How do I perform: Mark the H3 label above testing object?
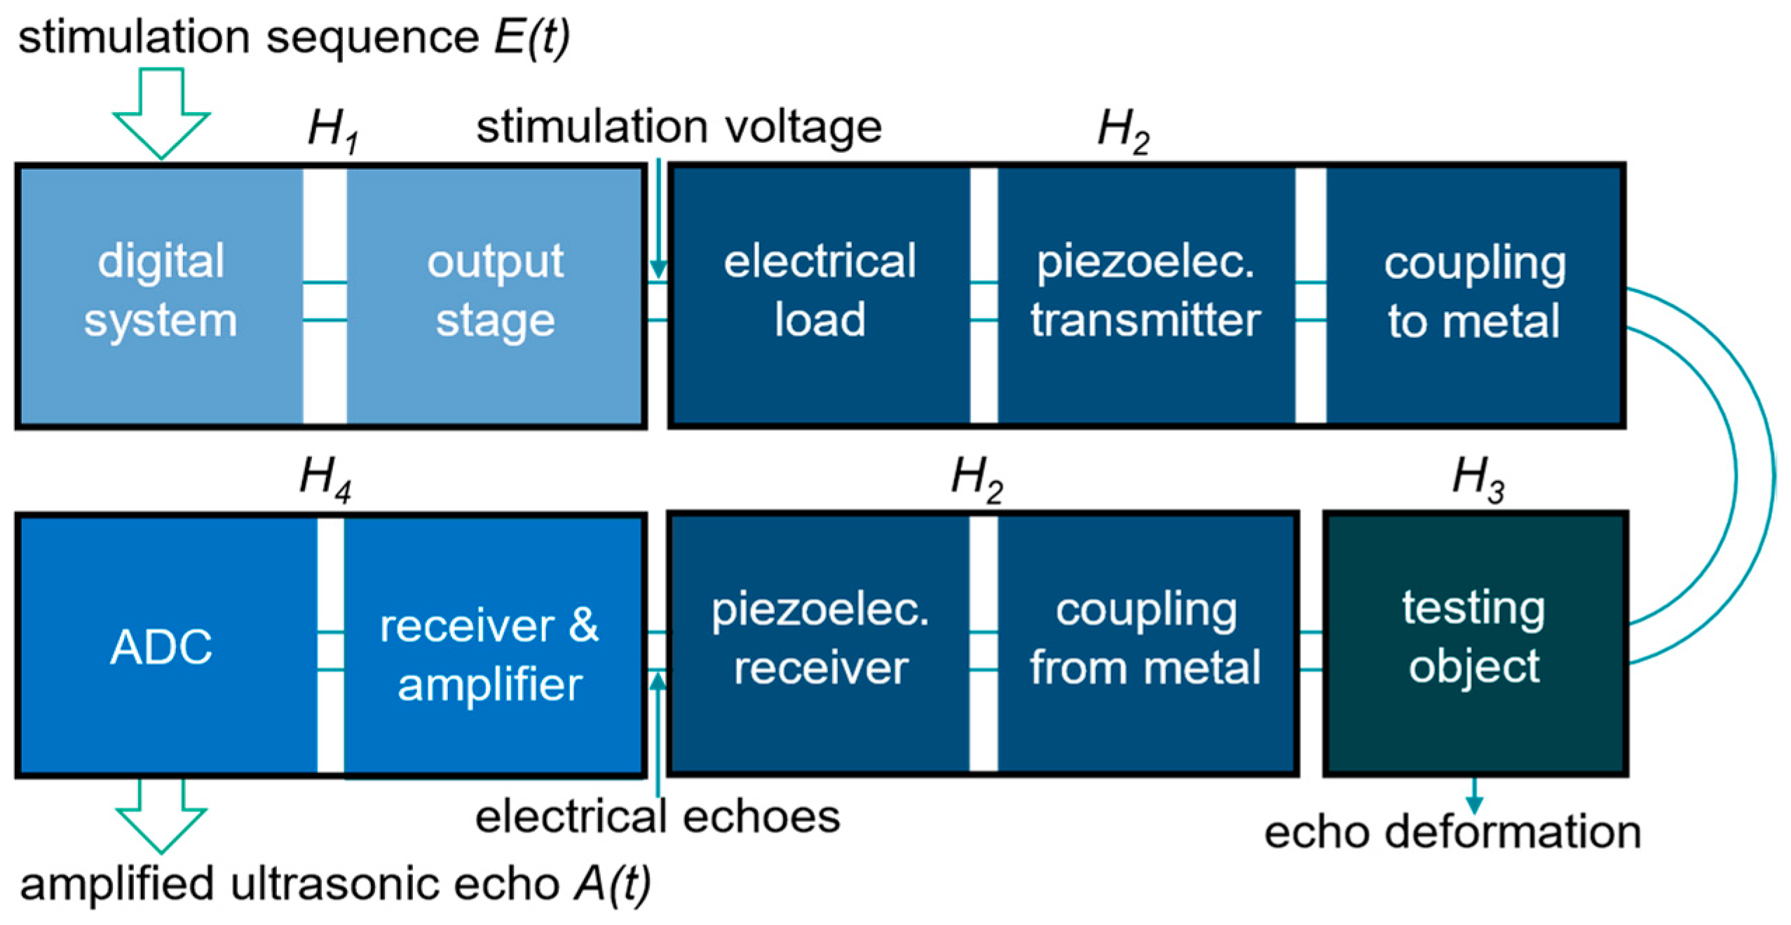[1478, 479]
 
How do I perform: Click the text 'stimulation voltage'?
[679, 128]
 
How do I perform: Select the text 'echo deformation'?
[1452, 832]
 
